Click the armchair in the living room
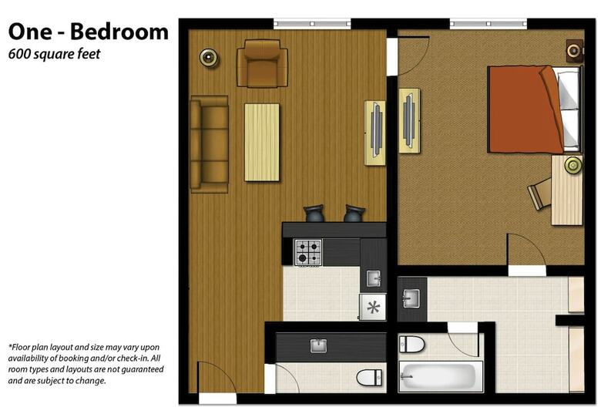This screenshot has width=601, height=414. pyautogui.click(x=262, y=64)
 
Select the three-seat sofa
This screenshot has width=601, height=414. pyautogui.click(x=210, y=144)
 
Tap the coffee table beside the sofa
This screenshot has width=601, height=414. pyautogui.click(x=262, y=142)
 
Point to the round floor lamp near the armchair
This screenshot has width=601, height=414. pyautogui.click(x=209, y=58)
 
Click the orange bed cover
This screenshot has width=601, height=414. pyautogui.click(x=525, y=109)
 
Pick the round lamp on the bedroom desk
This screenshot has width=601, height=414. pyautogui.click(x=573, y=165)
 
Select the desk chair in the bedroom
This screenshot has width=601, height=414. pyautogui.click(x=539, y=194)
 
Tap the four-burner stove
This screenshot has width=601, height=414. pyautogui.click(x=307, y=252)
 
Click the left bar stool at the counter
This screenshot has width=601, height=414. pyautogui.click(x=314, y=214)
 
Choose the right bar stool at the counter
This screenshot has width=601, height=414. pyautogui.click(x=354, y=214)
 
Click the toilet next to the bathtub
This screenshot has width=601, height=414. pyautogui.click(x=411, y=344)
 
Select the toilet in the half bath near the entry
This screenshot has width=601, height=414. pyautogui.click(x=369, y=378)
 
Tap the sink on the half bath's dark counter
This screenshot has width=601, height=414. pyautogui.click(x=318, y=345)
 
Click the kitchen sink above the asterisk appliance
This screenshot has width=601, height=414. pyautogui.click(x=374, y=278)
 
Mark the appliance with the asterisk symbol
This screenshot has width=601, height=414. pyautogui.click(x=373, y=307)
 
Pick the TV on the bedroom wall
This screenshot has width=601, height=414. pyautogui.click(x=409, y=120)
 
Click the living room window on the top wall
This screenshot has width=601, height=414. pyautogui.click(x=312, y=24)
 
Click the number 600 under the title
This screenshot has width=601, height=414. pyautogui.click(x=19, y=54)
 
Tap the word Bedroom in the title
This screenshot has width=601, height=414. pyautogui.click(x=119, y=32)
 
